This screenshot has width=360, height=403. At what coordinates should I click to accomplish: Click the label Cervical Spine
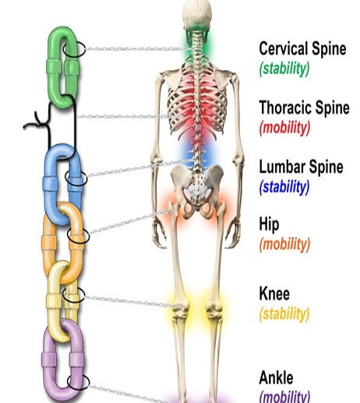pyautogui.click(x=302, y=48)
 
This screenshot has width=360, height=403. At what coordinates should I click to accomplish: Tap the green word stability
pyautogui.click(x=284, y=69)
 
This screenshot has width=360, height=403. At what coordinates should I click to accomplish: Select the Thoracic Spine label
pyautogui.click(x=304, y=108)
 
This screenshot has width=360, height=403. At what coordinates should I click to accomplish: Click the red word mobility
pyautogui.click(x=285, y=128)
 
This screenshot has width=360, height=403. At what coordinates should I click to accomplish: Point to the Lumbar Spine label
pyautogui.click(x=301, y=166)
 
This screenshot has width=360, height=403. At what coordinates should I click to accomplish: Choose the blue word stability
pyautogui.click(x=284, y=187)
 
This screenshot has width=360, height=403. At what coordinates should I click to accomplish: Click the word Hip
pyautogui.click(x=269, y=224)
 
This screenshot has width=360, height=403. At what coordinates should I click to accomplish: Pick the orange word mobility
pyautogui.click(x=285, y=245)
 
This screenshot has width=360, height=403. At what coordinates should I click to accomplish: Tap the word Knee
pyautogui.click(x=274, y=293)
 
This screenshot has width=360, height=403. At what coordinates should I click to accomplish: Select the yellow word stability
pyautogui.click(x=284, y=314)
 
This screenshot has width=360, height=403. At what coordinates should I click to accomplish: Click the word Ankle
pyautogui.click(x=276, y=377)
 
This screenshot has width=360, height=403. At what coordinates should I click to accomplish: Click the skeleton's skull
pyautogui.click(x=197, y=14)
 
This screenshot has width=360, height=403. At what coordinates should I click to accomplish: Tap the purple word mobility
pyautogui.click(x=285, y=397)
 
